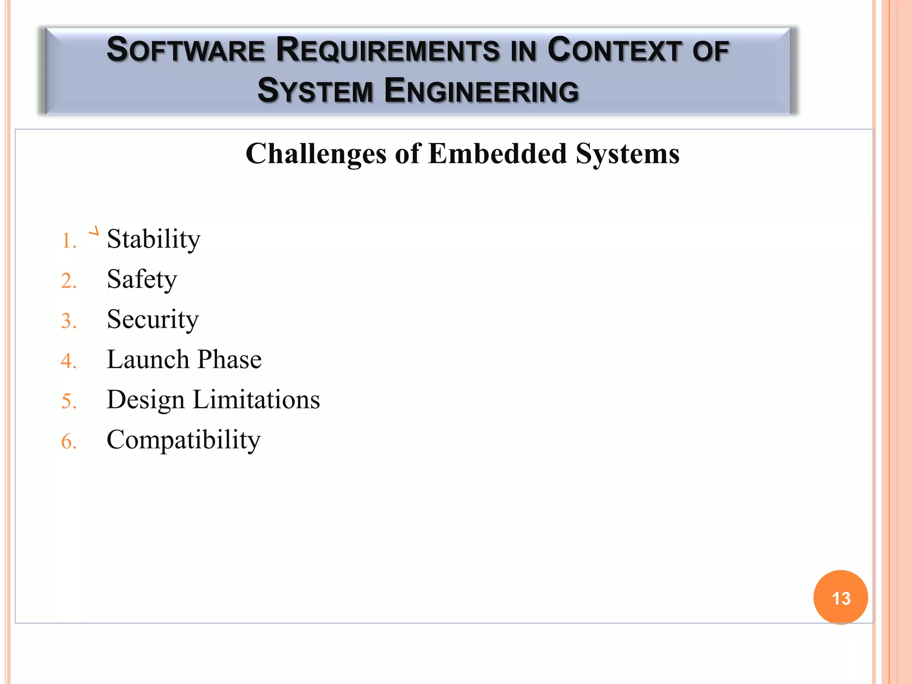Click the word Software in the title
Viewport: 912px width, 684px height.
[186, 50]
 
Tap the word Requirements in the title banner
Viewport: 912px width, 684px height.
[387, 50]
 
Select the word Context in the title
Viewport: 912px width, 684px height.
[615, 50]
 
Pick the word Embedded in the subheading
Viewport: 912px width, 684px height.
[498, 154]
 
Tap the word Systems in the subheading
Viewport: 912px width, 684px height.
[627, 154]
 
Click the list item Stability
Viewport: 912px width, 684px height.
[154, 240]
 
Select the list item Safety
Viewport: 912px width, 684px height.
[142, 280]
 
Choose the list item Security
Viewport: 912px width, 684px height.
[153, 320]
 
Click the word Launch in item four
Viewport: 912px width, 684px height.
[148, 359]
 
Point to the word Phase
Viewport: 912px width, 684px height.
[229, 359]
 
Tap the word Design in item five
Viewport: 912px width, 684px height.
[146, 400]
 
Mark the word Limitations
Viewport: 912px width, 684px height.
[256, 399]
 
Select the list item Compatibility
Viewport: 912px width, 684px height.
[183, 440]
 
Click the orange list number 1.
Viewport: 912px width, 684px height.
[69, 241]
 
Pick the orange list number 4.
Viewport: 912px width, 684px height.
[69, 361]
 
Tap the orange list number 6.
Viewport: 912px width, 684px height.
[69, 442]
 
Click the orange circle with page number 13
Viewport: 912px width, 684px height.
[840, 598]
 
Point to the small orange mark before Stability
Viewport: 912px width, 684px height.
[94, 231]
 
